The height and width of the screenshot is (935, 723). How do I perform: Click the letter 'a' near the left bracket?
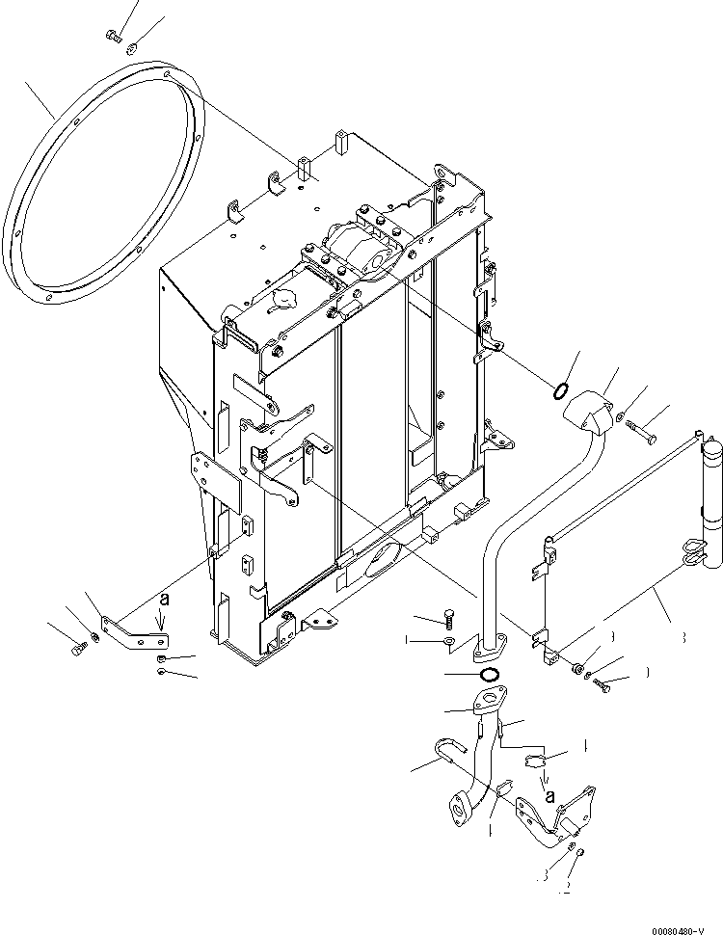pos(164,600)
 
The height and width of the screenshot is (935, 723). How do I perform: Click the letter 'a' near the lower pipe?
pos(550,795)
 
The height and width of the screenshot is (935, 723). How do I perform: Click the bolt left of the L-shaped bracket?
pos(78,651)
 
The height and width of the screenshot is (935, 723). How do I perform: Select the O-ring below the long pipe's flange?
pos(489,674)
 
